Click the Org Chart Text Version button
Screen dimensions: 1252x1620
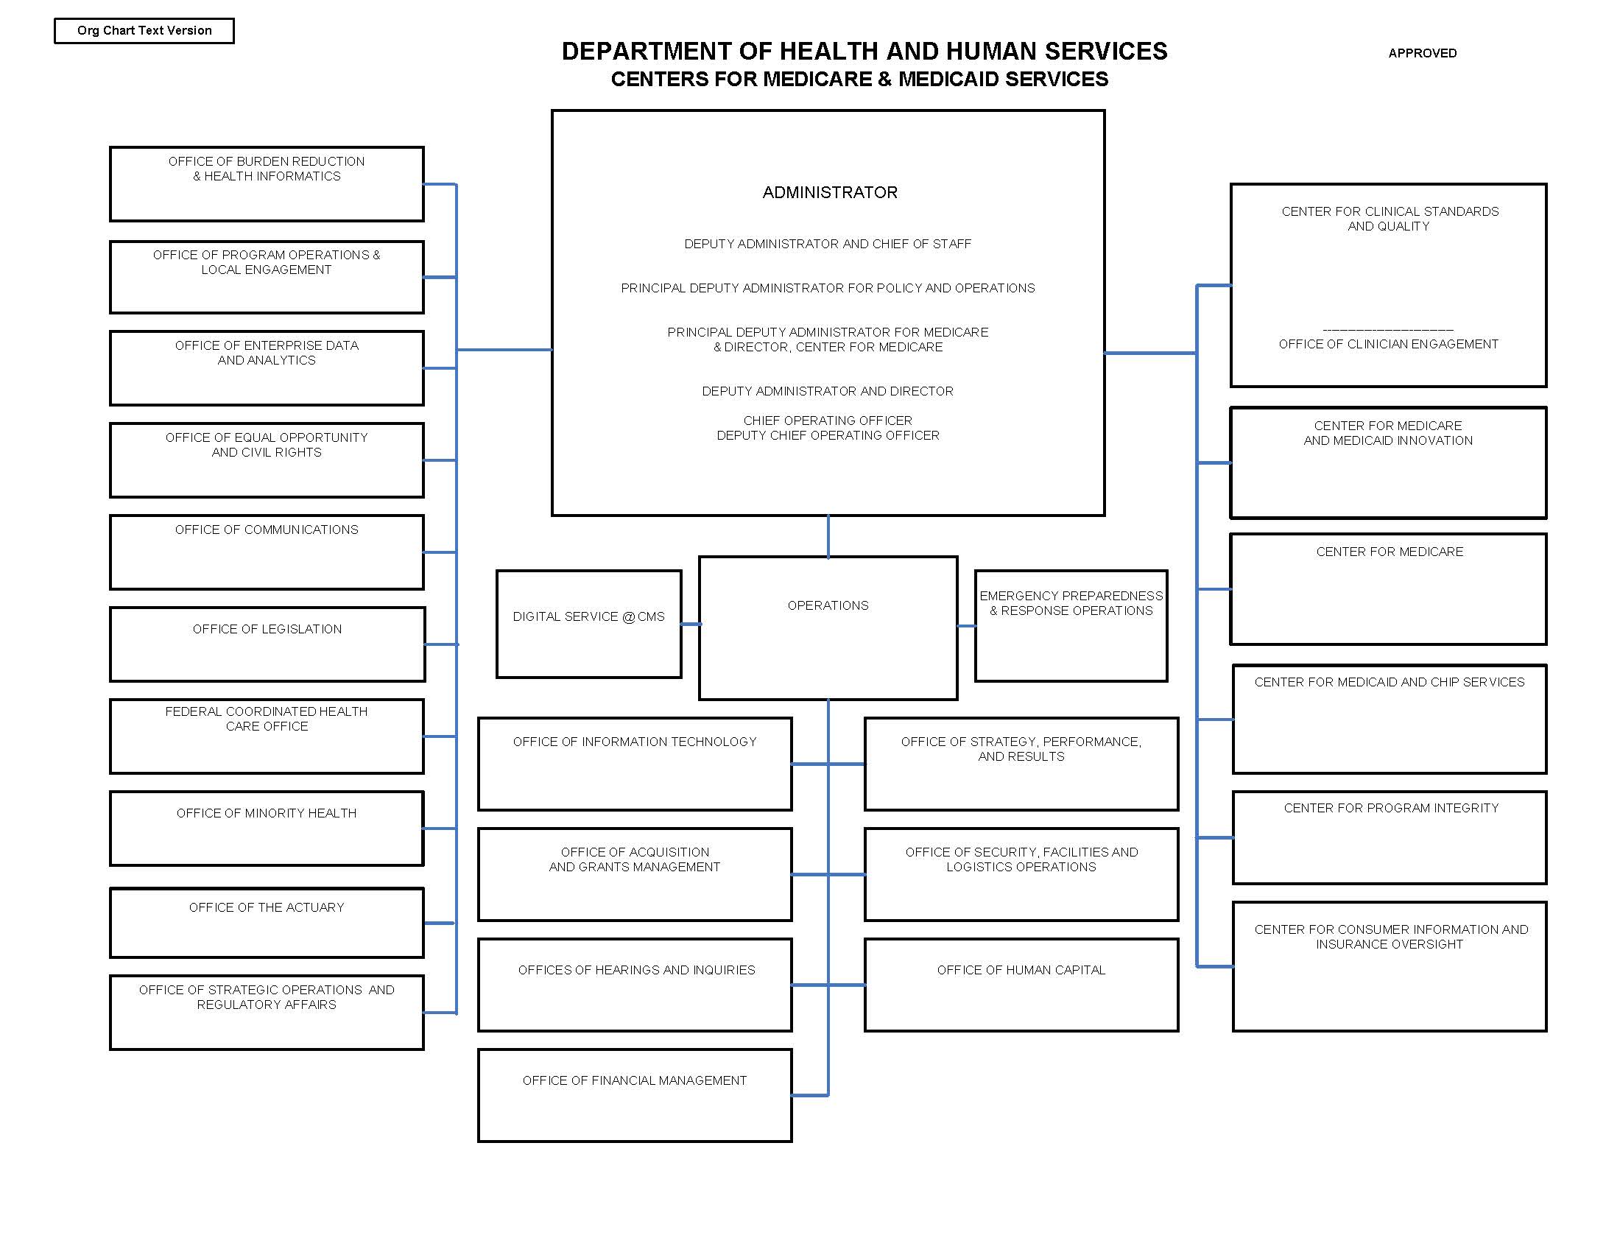[x=144, y=31]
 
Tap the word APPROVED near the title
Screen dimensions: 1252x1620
[x=1422, y=54]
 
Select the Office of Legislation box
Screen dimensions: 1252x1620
[x=267, y=644]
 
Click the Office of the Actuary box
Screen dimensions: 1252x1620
[x=267, y=922]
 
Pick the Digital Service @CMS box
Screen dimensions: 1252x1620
[x=589, y=624]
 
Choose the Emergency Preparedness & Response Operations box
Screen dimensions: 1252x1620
[x=1071, y=625]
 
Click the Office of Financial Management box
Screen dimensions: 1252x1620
[x=635, y=1094]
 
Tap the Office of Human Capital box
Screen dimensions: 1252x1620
[x=1021, y=984]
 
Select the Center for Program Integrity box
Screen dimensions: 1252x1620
[x=1390, y=837]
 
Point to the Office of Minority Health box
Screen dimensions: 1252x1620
[x=267, y=828]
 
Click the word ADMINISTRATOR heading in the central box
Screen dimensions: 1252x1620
[x=829, y=193]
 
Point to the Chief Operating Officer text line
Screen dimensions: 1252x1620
[x=828, y=421]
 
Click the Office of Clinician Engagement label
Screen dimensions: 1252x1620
[x=1388, y=344]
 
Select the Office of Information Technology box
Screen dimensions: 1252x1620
[x=635, y=763]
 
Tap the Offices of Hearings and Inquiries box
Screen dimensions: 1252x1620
[x=635, y=984]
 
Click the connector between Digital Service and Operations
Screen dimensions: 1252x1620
[x=691, y=624]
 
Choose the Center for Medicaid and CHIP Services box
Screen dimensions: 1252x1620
[x=1390, y=718]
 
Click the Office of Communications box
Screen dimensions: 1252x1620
[x=267, y=552]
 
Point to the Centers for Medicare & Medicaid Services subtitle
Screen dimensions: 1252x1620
[x=859, y=80]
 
